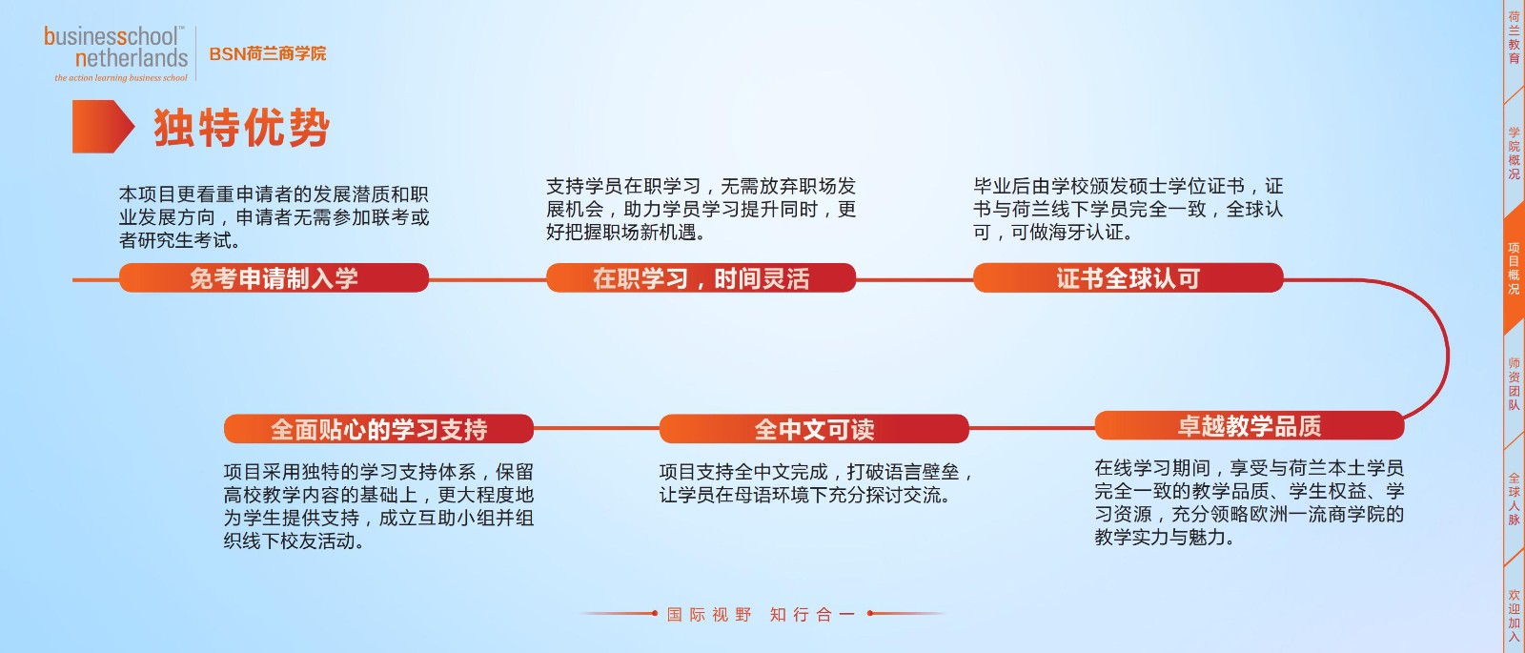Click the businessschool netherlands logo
(x=115, y=53)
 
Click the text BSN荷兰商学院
(x=268, y=53)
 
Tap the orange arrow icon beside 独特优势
(x=103, y=127)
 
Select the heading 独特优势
(x=242, y=128)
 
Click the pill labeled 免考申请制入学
(x=274, y=278)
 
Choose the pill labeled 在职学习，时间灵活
(x=701, y=278)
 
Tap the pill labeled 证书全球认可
(x=1128, y=278)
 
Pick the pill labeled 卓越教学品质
(x=1250, y=425)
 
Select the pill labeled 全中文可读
(x=814, y=429)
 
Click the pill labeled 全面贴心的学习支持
(x=378, y=429)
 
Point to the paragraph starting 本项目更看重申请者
(x=274, y=217)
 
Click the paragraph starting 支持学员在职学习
(x=701, y=209)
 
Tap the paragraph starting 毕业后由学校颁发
(x=1128, y=209)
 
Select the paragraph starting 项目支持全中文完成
(x=816, y=483)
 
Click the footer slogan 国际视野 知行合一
(x=761, y=614)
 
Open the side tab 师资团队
(x=1514, y=384)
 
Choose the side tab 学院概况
(x=1514, y=153)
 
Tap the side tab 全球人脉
(x=1514, y=500)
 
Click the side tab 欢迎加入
(x=1514, y=615)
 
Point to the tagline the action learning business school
(x=121, y=78)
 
